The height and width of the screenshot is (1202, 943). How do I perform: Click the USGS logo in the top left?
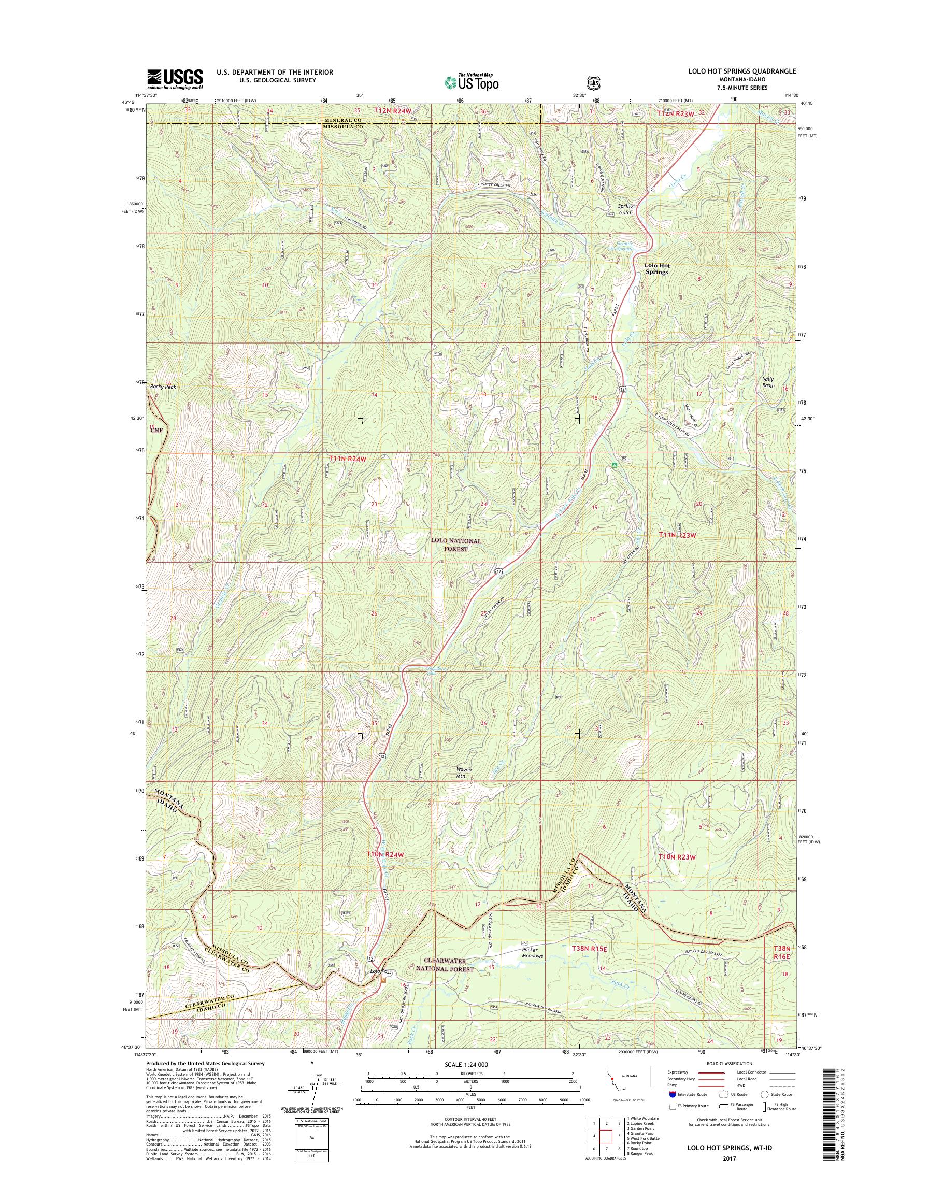click(175, 79)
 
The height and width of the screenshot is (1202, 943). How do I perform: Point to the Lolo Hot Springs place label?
click(656, 268)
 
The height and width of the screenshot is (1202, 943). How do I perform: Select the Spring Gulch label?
click(625, 209)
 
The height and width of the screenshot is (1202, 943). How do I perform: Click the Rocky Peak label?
click(162, 387)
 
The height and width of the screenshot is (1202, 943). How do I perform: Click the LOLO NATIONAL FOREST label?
click(456, 545)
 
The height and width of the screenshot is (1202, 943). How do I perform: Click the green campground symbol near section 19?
click(613, 465)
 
